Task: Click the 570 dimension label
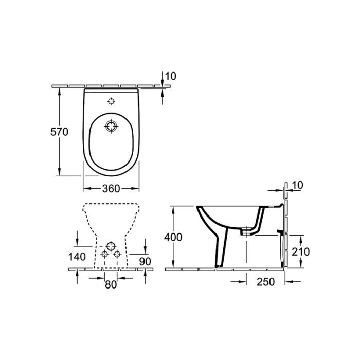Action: pyautogui.click(x=59, y=132)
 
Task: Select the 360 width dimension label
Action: pyautogui.click(x=111, y=189)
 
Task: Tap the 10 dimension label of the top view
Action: pyautogui.click(x=171, y=76)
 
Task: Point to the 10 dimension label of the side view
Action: pyautogui.click(x=298, y=185)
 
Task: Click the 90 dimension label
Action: pyautogui.click(x=145, y=261)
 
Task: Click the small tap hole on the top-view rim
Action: pyautogui.click(x=111, y=100)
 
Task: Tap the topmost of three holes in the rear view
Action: pyautogui.click(x=111, y=245)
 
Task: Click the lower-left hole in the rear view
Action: pyautogui.click(x=104, y=254)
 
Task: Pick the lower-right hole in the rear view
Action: pyautogui.click(x=117, y=254)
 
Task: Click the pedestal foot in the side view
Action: pyautogui.click(x=219, y=265)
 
